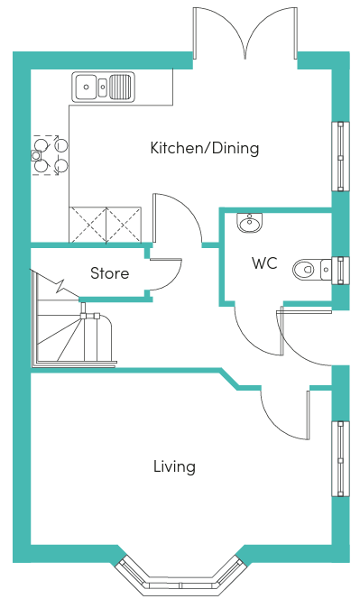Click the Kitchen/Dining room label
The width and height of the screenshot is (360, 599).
tap(205, 148)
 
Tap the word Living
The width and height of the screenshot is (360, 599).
tap(175, 466)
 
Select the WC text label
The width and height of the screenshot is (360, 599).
tap(264, 263)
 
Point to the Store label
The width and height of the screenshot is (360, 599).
tap(110, 273)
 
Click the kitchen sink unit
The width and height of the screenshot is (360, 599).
tap(103, 87)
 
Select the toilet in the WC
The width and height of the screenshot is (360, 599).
tap(312, 269)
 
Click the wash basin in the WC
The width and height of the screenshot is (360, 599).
tap(250, 222)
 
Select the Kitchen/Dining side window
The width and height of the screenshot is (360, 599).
tap(340, 156)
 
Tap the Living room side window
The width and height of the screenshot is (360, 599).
tap(340, 458)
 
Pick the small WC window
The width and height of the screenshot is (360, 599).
tap(340, 270)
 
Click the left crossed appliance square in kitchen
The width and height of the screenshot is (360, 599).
tap(88, 225)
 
